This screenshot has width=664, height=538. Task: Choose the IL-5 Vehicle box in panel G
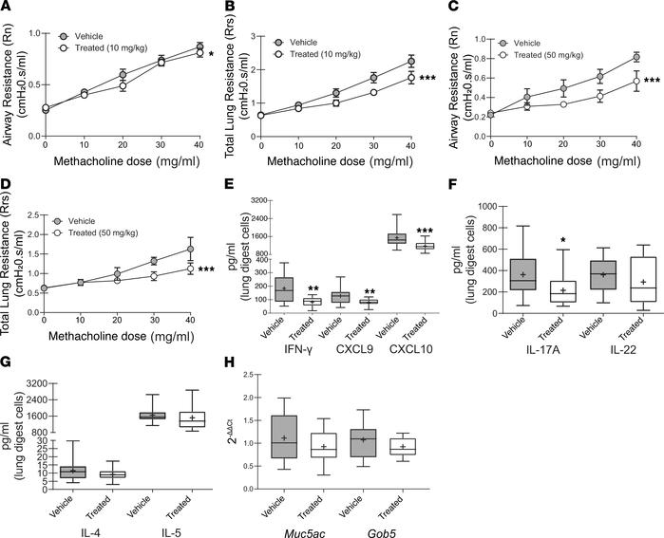tap(153, 416)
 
